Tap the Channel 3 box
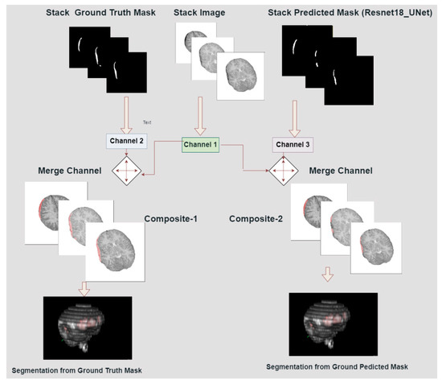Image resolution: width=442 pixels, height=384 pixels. click(x=293, y=145)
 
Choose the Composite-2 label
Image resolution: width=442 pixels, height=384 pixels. click(x=258, y=218)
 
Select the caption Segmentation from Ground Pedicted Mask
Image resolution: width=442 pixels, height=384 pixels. click(x=334, y=366)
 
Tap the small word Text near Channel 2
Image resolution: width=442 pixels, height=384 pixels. click(x=147, y=122)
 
